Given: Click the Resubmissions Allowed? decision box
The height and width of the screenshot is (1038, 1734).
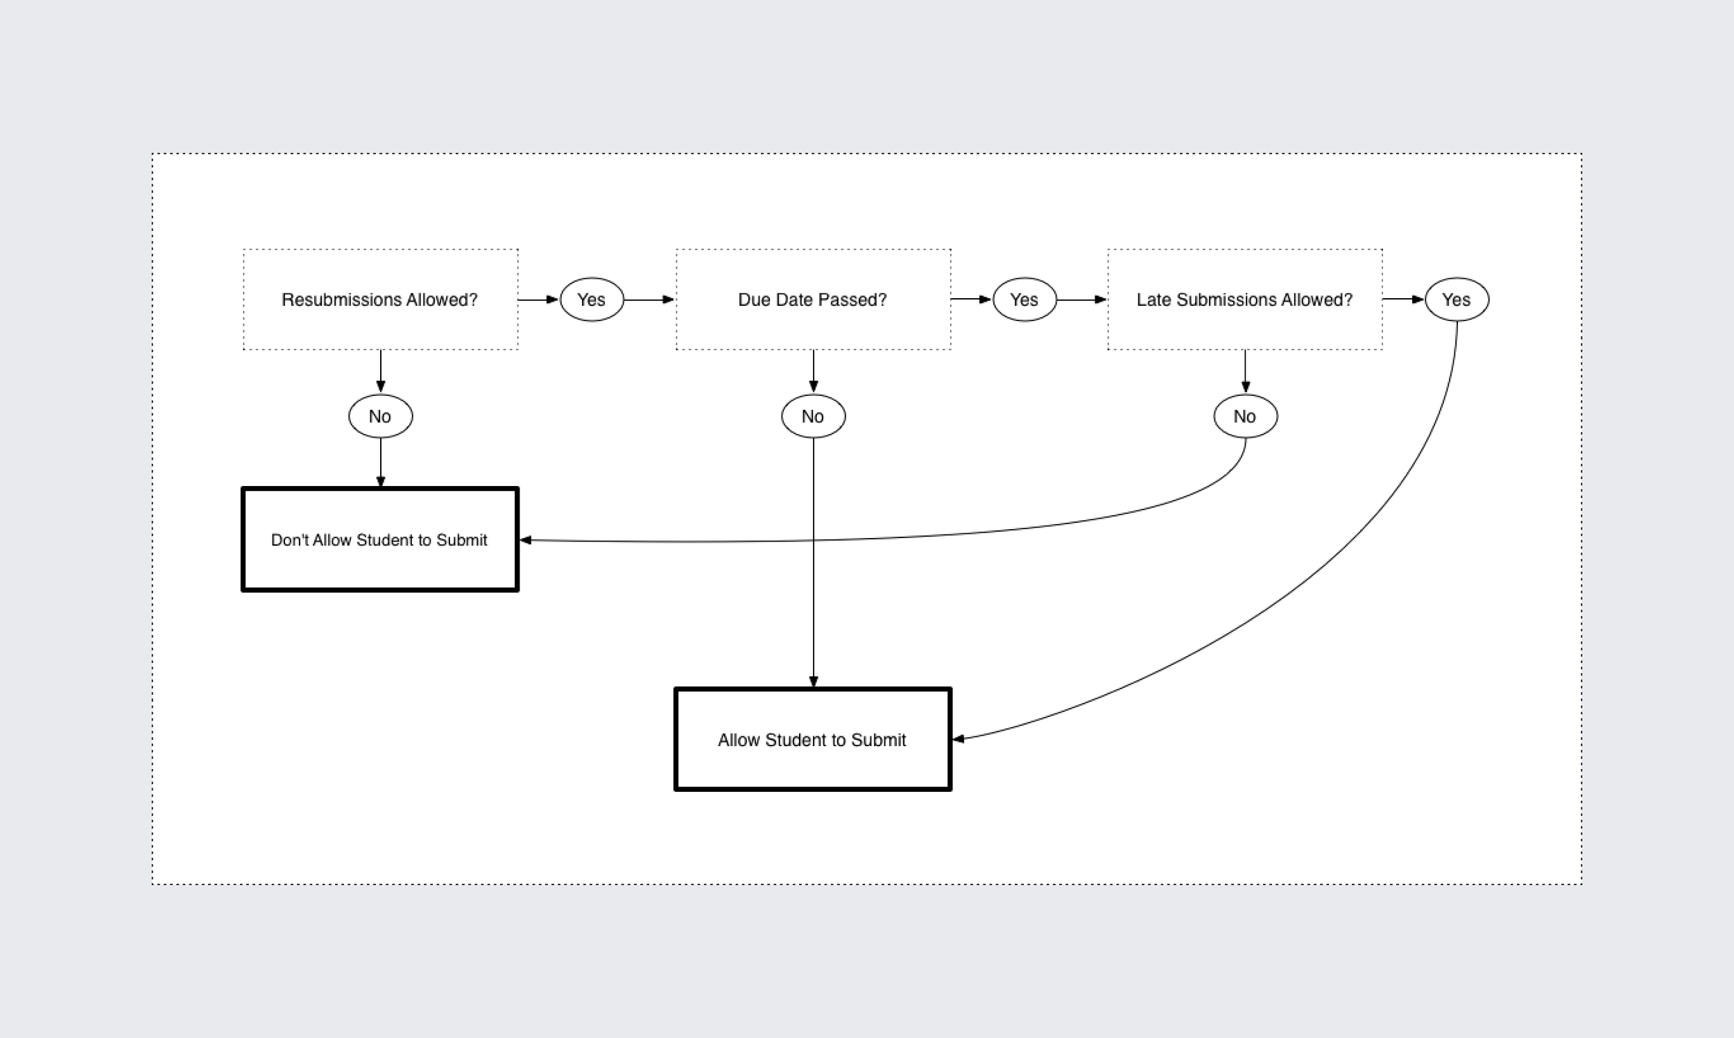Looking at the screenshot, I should click(x=381, y=329).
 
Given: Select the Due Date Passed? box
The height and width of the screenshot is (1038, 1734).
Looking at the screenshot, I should click(x=813, y=329).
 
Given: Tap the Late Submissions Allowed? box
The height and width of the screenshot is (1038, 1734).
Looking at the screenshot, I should click(x=1244, y=329).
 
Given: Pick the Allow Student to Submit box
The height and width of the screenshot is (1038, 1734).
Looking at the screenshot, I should click(x=812, y=767).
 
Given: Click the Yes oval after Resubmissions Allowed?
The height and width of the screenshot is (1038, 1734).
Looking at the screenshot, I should click(x=592, y=300).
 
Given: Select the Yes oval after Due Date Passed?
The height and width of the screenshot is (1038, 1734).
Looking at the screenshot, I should click(x=1024, y=300).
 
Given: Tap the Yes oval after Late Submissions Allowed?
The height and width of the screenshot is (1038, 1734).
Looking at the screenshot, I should click(x=1457, y=300).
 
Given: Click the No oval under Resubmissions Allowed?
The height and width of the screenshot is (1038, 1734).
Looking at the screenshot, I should click(x=381, y=416).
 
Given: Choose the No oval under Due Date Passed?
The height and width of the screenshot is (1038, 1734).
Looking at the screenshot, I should click(x=813, y=416).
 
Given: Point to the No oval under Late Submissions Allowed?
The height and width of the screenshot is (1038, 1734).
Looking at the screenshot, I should click(x=1245, y=416).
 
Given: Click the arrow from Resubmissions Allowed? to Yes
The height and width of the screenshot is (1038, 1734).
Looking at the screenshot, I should click(x=538, y=300).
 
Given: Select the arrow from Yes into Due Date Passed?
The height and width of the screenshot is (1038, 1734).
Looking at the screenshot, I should click(x=649, y=300).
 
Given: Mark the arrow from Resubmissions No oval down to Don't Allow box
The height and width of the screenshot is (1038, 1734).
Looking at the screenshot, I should click(x=381, y=462).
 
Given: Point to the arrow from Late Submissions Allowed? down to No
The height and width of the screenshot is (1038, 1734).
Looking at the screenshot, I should click(x=1245, y=371).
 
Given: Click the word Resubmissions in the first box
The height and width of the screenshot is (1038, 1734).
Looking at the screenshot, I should click(x=327, y=300).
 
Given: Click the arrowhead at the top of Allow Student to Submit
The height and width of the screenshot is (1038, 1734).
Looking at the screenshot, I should click(x=813, y=682).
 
